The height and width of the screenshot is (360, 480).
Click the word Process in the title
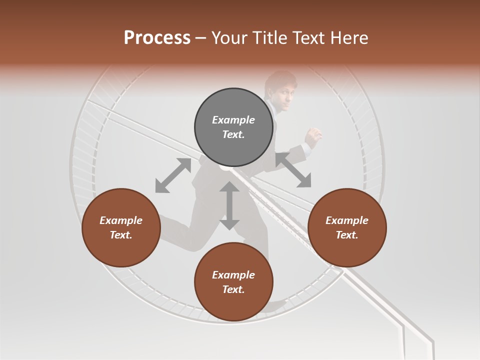click(x=157, y=38)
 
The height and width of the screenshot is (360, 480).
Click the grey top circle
click(x=233, y=127)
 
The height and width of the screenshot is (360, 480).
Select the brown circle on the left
click(x=121, y=227)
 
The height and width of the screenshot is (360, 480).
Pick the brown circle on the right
click(x=347, y=227)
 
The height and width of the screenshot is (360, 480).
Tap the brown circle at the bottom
click(x=233, y=282)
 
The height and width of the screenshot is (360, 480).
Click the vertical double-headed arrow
click(x=229, y=205)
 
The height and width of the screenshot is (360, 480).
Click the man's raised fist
click(x=314, y=135)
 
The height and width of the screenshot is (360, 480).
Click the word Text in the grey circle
click(x=233, y=134)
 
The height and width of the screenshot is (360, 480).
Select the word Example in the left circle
click(x=121, y=220)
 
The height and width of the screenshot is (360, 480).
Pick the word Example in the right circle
click(x=347, y=220)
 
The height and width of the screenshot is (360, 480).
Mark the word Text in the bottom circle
click(x=233, y=289)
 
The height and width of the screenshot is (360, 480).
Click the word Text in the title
click(x=307, y=38)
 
